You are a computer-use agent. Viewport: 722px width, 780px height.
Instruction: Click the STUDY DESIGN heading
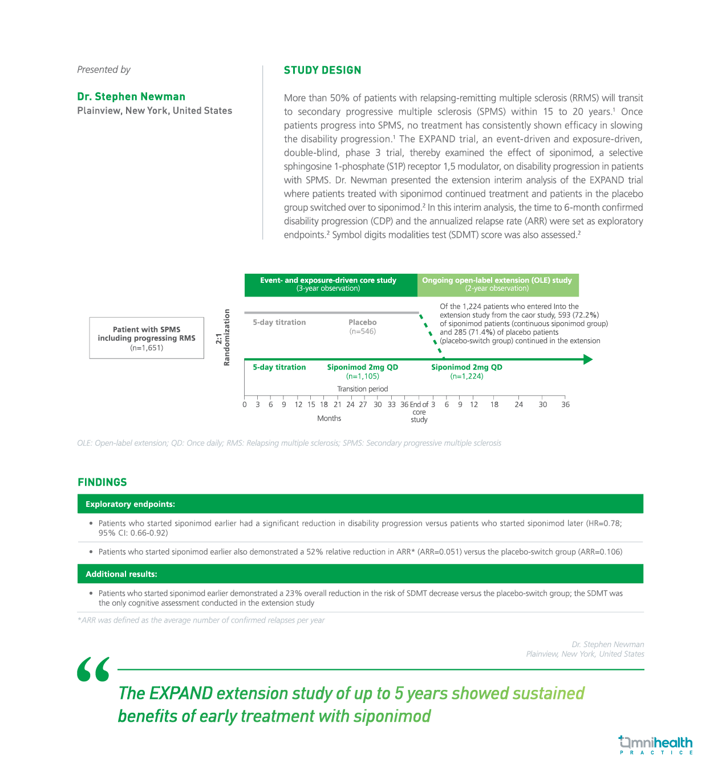322,70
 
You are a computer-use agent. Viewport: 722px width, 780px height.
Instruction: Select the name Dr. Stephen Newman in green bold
131,96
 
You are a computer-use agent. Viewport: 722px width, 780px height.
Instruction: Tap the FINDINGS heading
102,482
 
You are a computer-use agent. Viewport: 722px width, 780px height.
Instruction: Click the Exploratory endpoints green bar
360,504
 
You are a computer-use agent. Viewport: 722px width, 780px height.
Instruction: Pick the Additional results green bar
360,574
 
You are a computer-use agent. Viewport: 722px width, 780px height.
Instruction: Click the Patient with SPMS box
147,338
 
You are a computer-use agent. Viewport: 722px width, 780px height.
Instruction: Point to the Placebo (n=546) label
362,327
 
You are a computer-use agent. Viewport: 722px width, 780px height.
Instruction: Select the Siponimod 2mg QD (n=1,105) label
362,371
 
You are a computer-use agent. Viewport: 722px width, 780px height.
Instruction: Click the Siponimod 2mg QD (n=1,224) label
467,371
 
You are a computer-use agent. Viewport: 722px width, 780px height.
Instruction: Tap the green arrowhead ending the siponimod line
588,359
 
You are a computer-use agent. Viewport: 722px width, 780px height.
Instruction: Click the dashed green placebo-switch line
431,336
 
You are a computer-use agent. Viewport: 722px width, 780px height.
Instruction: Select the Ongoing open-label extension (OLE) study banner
497,284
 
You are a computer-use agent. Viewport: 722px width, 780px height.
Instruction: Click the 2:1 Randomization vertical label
223,338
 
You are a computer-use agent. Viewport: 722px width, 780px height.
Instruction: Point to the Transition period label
362,389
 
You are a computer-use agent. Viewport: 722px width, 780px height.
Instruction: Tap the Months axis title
329,418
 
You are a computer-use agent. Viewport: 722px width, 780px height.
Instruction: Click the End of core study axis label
419,412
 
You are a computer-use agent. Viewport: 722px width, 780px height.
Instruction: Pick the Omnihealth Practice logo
655,745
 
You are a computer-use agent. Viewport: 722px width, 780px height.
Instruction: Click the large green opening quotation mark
94,669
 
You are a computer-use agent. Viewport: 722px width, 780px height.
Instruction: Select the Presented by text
104,70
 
